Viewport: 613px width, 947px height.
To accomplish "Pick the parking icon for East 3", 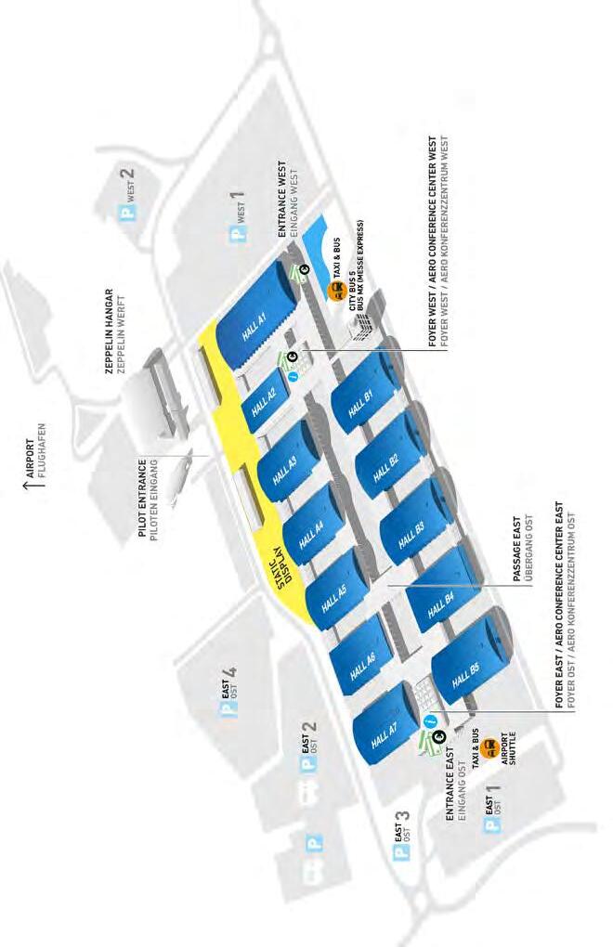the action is (402, 851).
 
